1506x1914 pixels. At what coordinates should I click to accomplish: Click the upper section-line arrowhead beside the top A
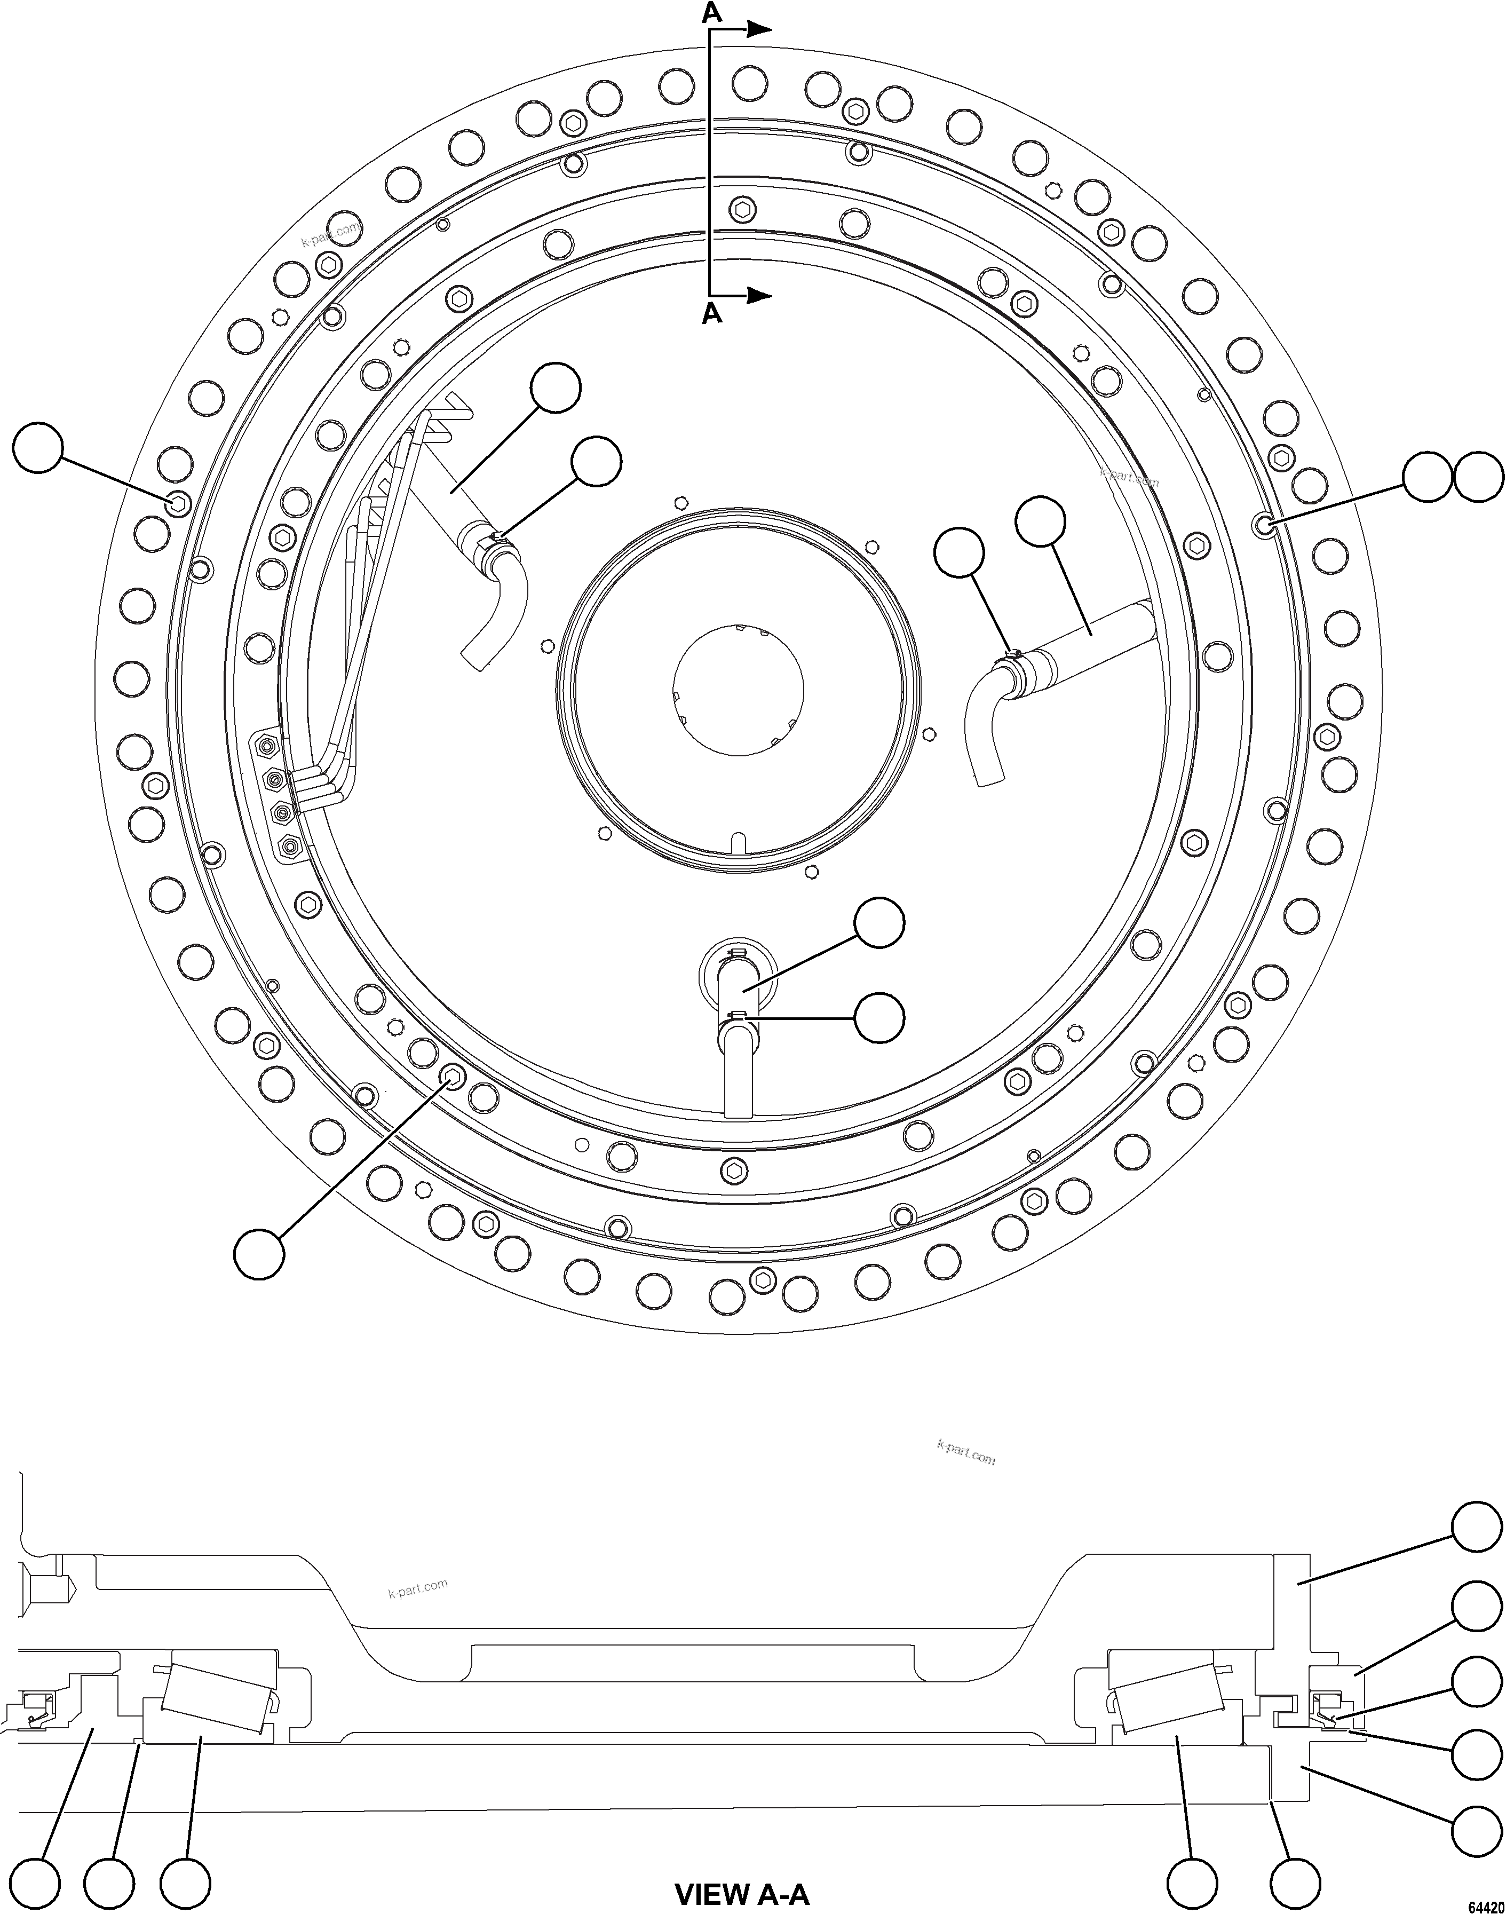point(760,29)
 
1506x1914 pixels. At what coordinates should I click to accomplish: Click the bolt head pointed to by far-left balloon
point(179,503)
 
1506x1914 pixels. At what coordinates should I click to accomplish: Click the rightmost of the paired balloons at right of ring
point(1478,479)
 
